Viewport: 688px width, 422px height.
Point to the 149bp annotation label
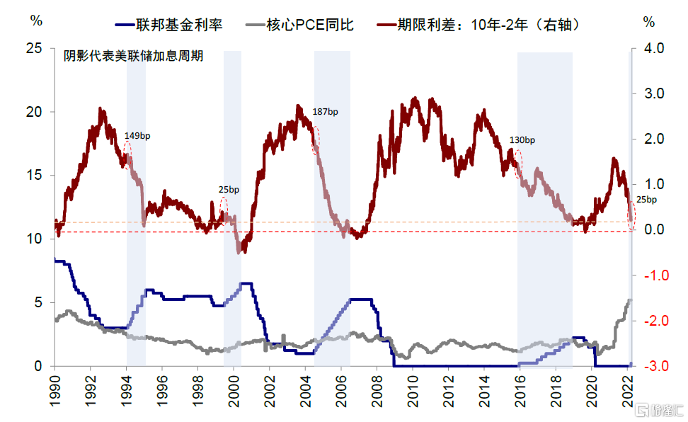click(137, 135)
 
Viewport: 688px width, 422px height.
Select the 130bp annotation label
click(522, 140)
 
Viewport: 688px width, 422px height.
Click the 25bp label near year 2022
click(646, 200)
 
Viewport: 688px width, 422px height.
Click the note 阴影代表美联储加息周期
click(134, 56)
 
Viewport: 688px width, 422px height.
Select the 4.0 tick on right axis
click(653, 49)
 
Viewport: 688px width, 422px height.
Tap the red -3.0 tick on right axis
click(651, 366)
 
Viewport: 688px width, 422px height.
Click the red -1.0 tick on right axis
click(651, 275)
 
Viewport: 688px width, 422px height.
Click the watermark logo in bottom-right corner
click(659, 410)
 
